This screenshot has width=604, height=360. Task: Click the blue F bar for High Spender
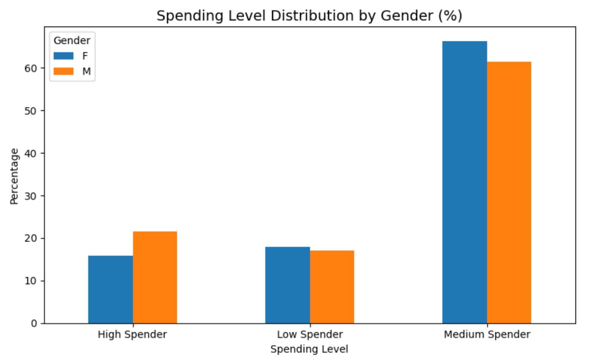(x=110, y=289)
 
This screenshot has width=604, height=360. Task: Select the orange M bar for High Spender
(x=155, y=277)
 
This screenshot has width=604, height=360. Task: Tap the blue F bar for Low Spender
(x=287, y=285)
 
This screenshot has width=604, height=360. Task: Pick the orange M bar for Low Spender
(x=332, y=287)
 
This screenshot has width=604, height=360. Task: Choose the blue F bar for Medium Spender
(x=464, y=182)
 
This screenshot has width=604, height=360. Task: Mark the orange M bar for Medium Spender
(x=509, y=192)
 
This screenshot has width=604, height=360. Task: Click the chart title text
(x=309, y=16)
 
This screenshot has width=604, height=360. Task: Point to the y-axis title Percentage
(x=14, y=176)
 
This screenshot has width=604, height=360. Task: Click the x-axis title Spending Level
(x=309, y=349)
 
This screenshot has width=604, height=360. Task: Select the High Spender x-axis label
(x=132, y=334)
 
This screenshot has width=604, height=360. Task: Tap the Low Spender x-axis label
(x=310, y=334)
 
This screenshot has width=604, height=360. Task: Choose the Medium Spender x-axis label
(x=487, y=334)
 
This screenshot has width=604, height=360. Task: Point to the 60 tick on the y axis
(x=32, y=68)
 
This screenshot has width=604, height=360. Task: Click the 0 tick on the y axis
(x=34, y=323)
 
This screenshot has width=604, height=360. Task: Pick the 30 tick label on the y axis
(x=32, y=196)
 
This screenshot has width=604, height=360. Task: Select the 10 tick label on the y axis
(x=32, y=281)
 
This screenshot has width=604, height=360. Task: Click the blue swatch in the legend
(x=63, y=56)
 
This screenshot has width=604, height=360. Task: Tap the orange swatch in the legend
(x=63, y=71)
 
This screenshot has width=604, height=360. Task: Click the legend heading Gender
(x=72, y=40)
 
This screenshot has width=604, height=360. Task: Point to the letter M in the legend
(x=86, y=71)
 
